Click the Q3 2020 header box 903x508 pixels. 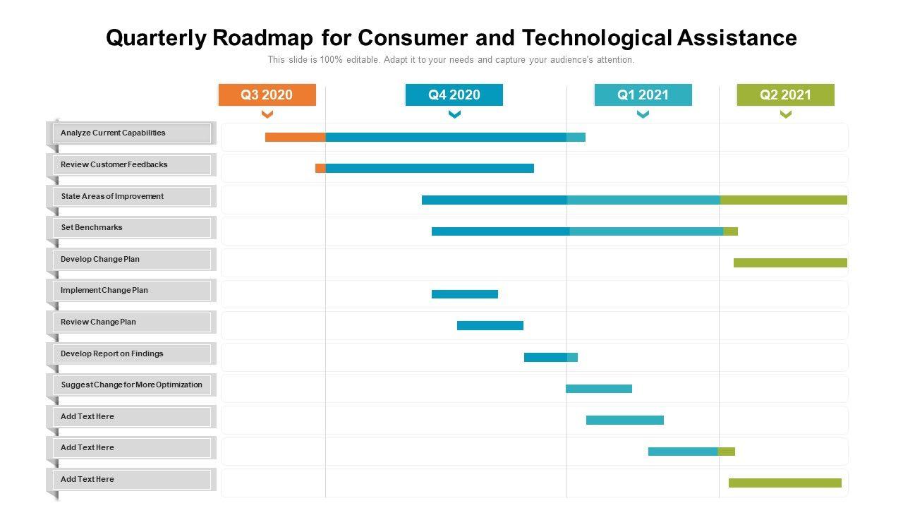[x=267, y=95]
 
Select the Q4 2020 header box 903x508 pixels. [x=454, y=95]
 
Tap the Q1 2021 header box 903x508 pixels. [x=643, y=95]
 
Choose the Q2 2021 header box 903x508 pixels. [x=785, y=95]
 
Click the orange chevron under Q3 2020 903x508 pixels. [x=267, y=114]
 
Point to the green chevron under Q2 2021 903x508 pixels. [x=785, y=114]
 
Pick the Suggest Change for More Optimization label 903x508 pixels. [x=131, y=385]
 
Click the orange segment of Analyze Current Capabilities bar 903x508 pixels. [x=295, y=138]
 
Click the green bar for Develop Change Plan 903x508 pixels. [x=790, y=263]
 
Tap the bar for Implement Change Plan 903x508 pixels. [x=464, y=294]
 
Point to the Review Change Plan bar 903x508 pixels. [x=490, y=326]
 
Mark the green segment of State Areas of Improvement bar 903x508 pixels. [x=783, y=200]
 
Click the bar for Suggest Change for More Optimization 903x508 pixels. [x=598, y=389]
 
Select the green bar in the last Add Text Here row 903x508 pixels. [x=784, y=483]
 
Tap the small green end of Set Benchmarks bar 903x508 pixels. [x=730, y=231]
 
